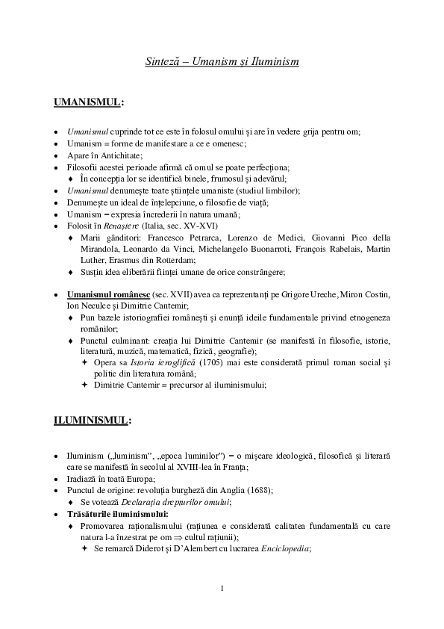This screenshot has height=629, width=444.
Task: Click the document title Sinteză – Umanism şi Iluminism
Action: tap(222, 61)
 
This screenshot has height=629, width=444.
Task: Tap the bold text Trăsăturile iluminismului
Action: tap(116, 513)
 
